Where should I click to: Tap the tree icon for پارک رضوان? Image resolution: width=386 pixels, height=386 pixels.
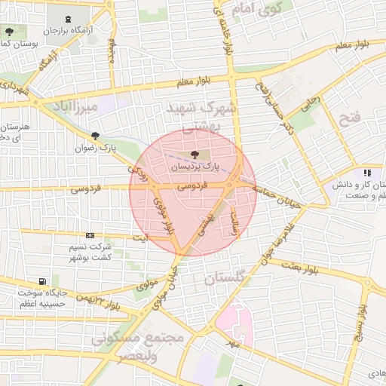pyautogui.click(x=96, y=136)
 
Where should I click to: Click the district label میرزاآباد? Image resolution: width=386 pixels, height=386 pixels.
pyautogui.click(x=71, y=108)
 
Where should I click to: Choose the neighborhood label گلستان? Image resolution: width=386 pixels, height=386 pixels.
pyautogui.click(x=225, y=279)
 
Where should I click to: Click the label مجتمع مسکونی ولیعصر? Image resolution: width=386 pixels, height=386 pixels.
pyautogui.click(x=137, y=347)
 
